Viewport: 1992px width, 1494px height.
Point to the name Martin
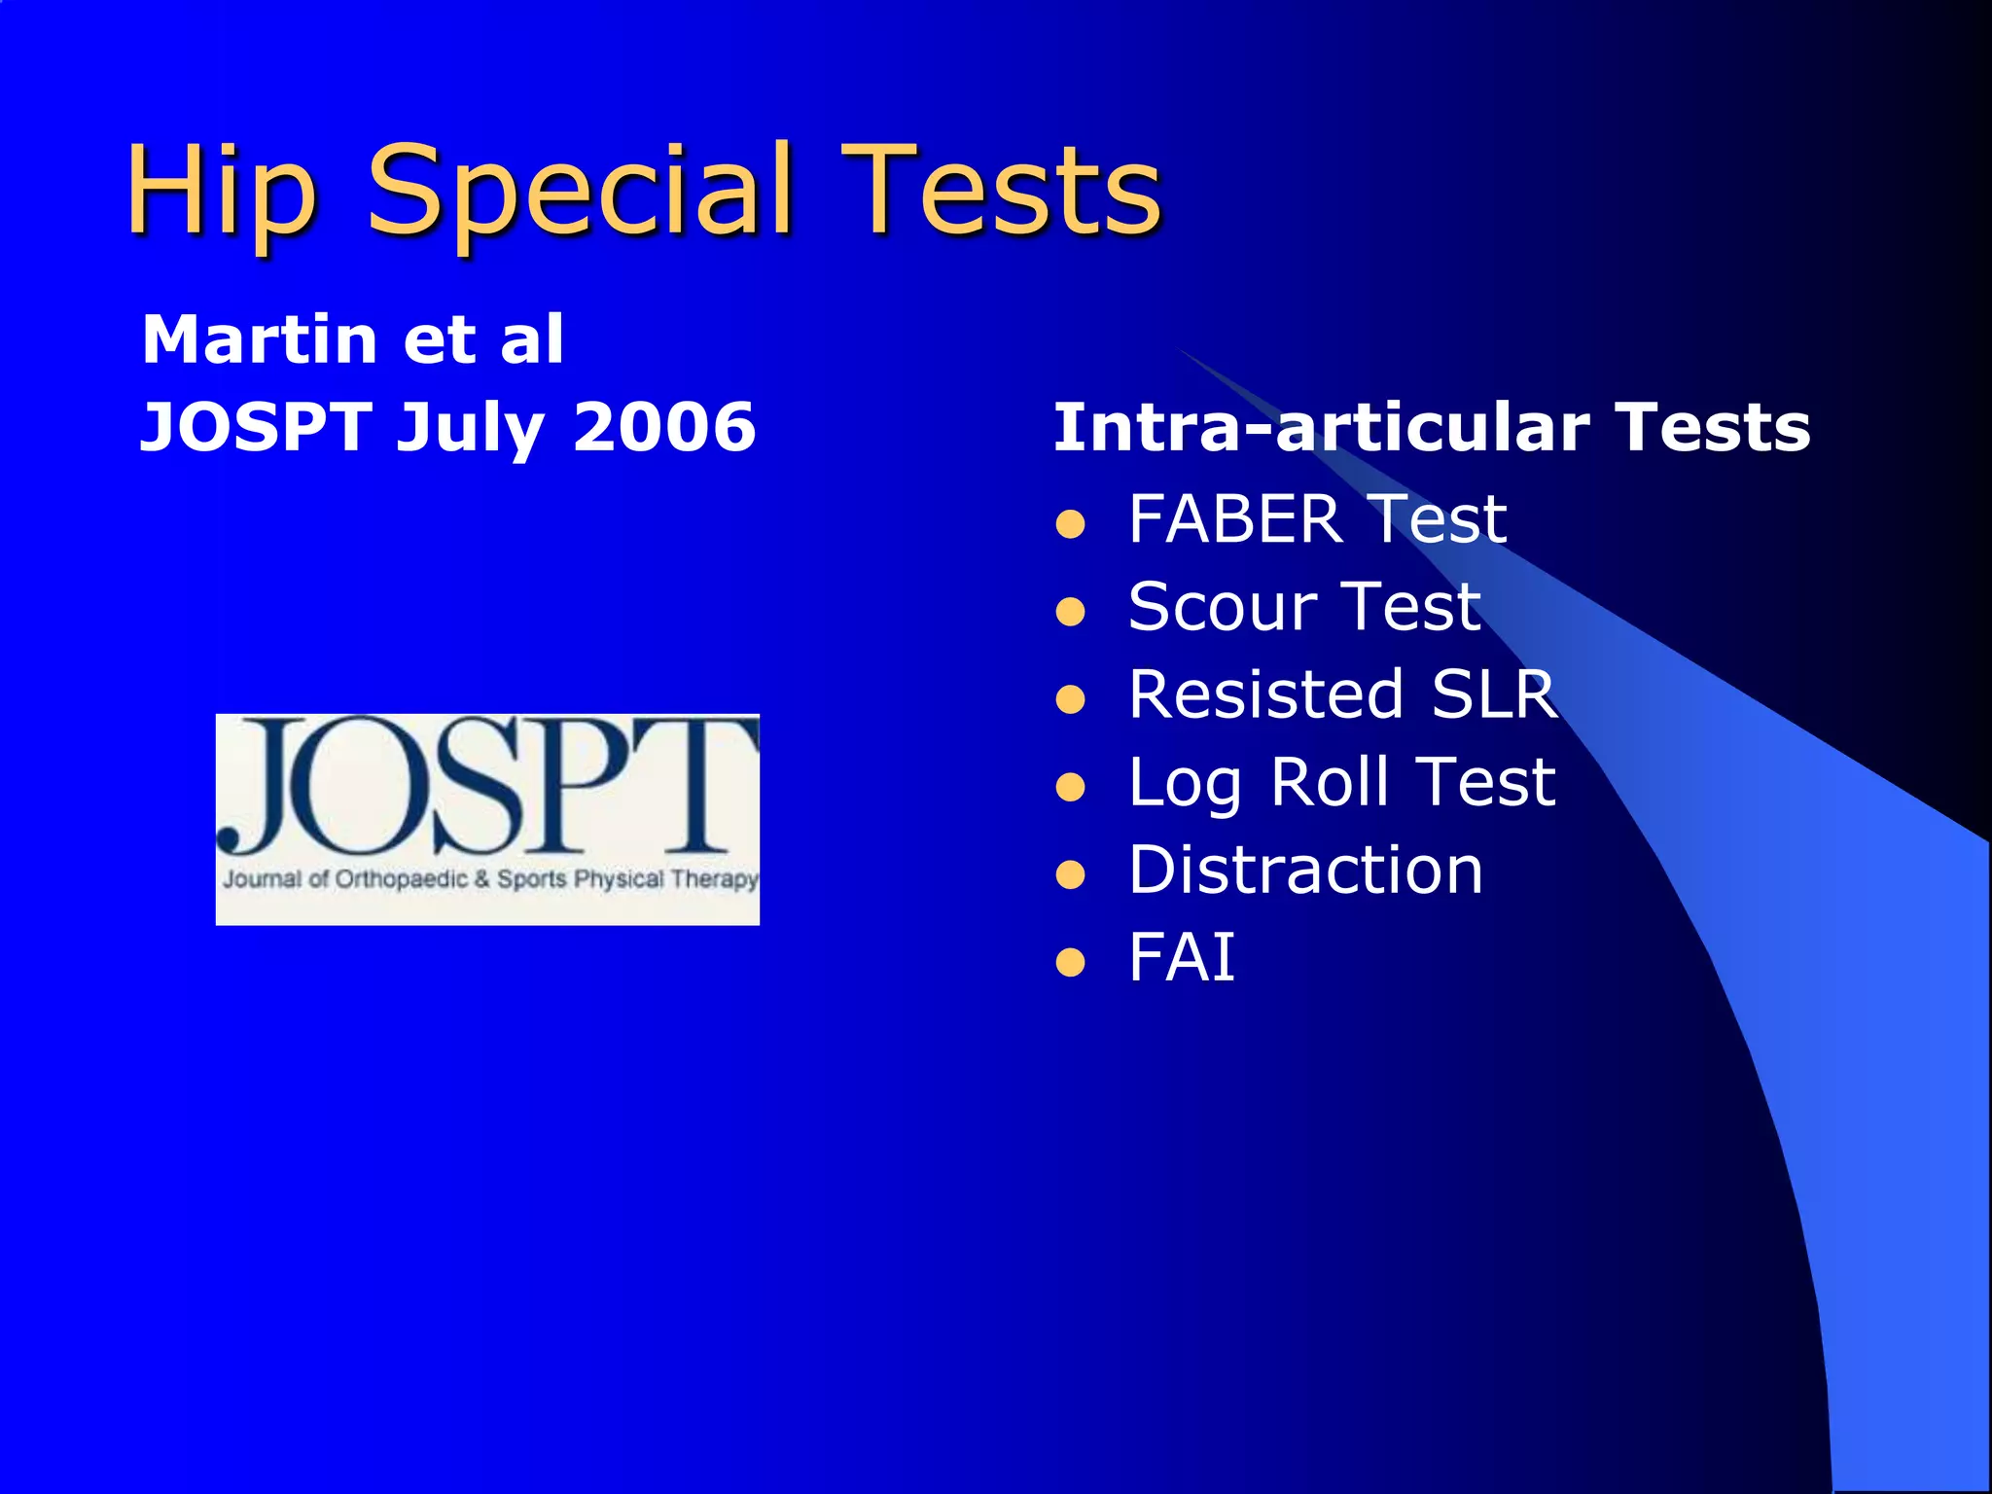[x=260, y=339]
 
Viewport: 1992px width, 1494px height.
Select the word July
[x=469, y=428]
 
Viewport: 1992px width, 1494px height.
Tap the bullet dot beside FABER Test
[x=1070, y=525]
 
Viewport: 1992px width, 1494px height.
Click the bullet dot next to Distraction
[x=1070, y=875]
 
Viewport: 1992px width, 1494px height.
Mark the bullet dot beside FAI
[x=1070, y=963]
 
